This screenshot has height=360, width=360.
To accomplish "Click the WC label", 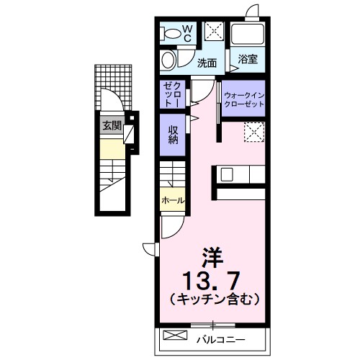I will (x=185, y=33).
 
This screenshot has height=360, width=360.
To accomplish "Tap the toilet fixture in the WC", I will (x=171, y=33).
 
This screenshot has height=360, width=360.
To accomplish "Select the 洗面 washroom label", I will (x=207, y=63).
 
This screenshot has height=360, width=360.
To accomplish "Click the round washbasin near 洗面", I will (x=168, y=59).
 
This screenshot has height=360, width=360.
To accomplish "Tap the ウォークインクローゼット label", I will (x=243, y=99).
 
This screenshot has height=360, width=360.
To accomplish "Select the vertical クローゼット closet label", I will (x=174, y=94).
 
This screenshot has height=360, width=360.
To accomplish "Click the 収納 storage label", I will (x=174, y=134).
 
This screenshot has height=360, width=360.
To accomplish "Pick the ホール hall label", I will (x=173, y=200).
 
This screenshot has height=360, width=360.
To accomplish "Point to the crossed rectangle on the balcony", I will (x=176, y=336).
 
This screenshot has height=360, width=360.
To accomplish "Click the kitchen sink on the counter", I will (x=227, y=174).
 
